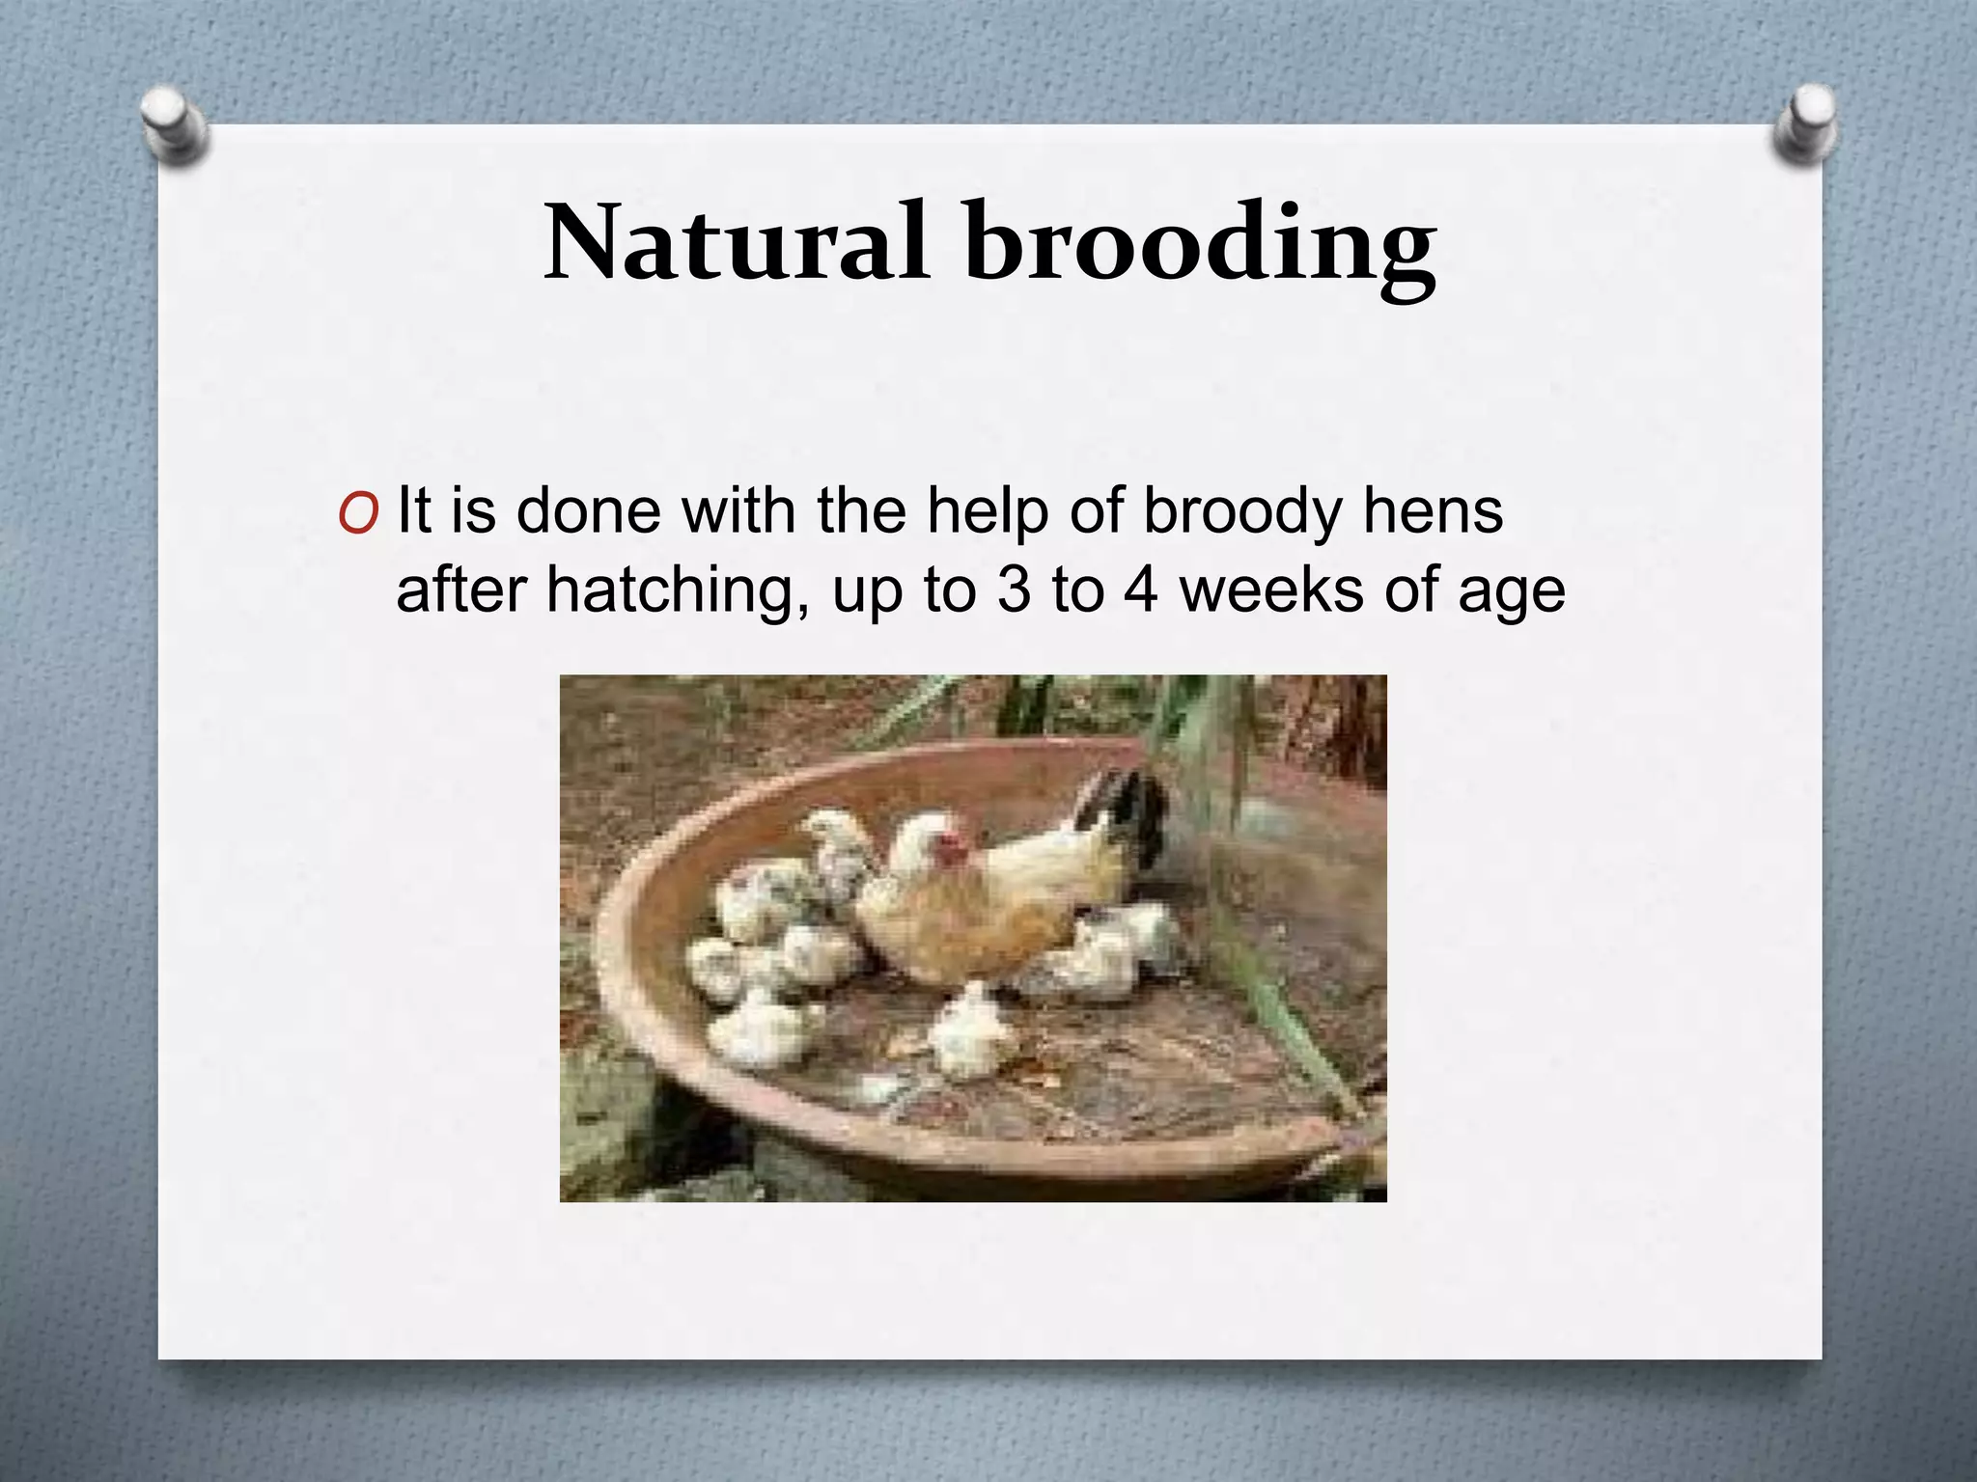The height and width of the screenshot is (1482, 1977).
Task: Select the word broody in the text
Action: (1242, 511)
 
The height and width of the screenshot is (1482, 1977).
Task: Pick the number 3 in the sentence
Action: (1014, 590)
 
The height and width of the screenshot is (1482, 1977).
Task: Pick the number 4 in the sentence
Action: (1140, 590)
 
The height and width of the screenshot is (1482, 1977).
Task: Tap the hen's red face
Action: (952, 850)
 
